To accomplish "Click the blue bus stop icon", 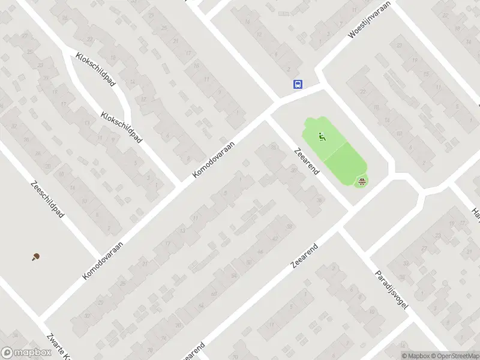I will pos(298,85).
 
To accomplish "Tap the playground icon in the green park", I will pos(322,137).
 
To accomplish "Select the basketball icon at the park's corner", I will pos(362,181).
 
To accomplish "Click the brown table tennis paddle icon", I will pos(36,257).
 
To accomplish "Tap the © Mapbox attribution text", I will pos(416,356).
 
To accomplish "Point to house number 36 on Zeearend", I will pos(320,200).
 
